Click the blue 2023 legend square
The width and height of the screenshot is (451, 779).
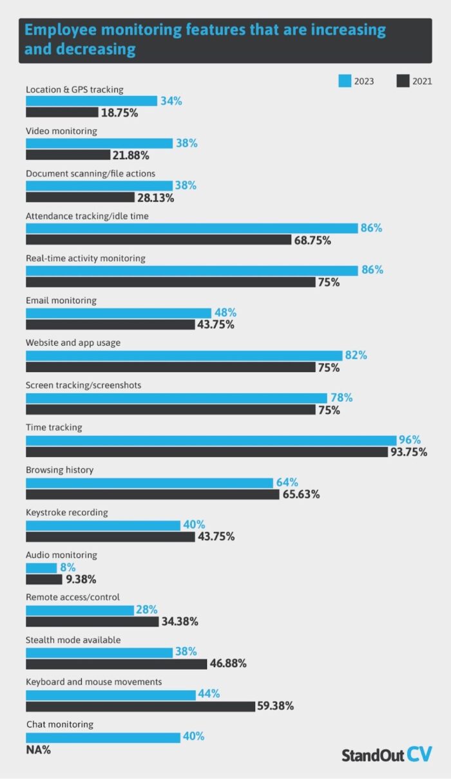[x=345, y=81]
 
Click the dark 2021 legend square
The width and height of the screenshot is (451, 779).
[x=403, y=81]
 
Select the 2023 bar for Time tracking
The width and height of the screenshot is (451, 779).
[x=211, y=440]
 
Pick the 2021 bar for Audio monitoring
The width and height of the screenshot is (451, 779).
[x=44, y=579]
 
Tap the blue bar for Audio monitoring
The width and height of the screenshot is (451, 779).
[x=41, y=568]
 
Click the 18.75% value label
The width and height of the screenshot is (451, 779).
[x=119, y=113]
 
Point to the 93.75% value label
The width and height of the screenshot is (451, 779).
[x=409, y=452]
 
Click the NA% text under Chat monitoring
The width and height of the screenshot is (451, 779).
[x=39, y=750]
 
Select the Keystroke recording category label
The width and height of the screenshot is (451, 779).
[x=67, y=512]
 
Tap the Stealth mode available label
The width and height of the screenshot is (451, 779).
[x=73, y=640]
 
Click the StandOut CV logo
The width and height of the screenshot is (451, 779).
[x=387, y=755]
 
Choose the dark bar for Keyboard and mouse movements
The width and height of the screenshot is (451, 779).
[x=140, y=706]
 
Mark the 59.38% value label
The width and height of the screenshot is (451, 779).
[x=276, y=706]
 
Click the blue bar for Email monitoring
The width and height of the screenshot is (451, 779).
[x=119, y=313]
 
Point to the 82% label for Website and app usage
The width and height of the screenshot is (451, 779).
[x=356, y=355]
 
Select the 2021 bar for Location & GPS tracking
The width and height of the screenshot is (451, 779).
[x=62, y=112]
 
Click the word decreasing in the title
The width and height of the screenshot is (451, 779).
[x=96, y=49]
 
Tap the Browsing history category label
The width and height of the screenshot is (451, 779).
[x=59, y=470]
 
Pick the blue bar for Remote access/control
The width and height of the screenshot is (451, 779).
[x=80, y=610]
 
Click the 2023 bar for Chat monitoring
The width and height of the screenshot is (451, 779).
[x=103, y=738]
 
